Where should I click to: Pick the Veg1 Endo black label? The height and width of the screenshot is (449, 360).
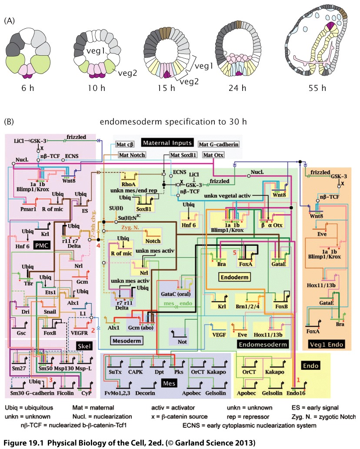pyautogui.click(x=327, y=345)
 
